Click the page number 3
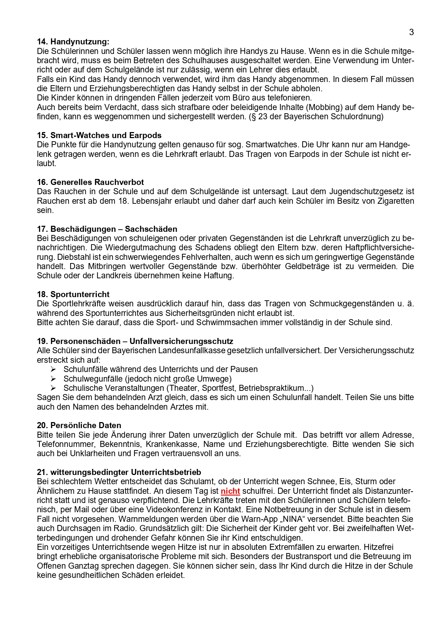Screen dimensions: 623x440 pos(411,32)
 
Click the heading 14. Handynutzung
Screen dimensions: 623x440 pos(73,42)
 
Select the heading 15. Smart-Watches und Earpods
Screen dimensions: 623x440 pos(99,135)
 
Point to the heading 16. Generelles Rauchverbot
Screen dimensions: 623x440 pos(90,182)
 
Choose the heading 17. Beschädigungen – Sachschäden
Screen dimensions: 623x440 pos(107,229)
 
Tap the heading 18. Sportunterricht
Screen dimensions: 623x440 pos(73,294)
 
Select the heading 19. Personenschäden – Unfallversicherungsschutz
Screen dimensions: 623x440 pos(135,341)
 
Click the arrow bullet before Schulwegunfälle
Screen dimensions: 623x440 pos(53,379)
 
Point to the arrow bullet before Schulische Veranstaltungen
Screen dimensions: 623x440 pos(53,388)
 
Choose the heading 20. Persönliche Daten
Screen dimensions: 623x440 pos(79,425)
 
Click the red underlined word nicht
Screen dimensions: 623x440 pos(230,491)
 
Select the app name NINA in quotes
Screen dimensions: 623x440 pos(291,519)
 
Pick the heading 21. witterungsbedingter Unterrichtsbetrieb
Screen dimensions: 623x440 pos(119,472)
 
